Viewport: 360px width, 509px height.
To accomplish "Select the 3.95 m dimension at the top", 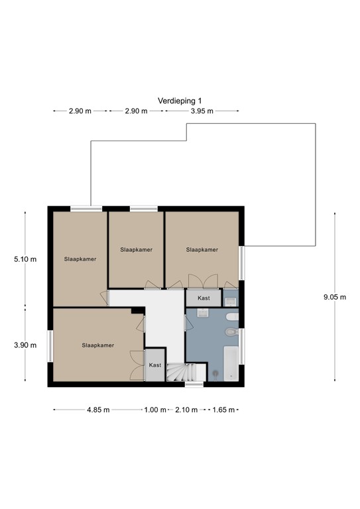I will click(202, 111).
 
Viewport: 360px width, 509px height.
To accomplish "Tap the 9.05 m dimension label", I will click(334, 297).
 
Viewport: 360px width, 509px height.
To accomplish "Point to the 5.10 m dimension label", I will click(25, 259).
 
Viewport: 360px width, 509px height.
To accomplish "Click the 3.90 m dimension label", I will click(25, 345).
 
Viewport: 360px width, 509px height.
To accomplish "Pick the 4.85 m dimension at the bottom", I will click(98, 410).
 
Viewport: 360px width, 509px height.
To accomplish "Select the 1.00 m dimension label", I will click(154, 410).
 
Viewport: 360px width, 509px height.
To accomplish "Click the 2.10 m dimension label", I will click(186, 410).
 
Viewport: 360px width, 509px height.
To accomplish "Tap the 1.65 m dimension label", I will click(223, 410).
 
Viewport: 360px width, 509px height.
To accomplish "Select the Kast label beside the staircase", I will click(154, 365).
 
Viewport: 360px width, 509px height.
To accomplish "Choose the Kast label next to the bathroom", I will click(204, 298).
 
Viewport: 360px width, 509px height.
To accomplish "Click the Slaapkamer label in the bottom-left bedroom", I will click(98, 345).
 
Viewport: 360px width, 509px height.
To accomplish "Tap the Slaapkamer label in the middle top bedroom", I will click(137, 250).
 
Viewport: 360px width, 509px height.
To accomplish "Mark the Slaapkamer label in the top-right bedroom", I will click(202, 250).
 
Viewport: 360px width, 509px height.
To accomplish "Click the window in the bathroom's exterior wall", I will click(242, 346).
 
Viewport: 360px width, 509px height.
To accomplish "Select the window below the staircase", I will click(194, 384).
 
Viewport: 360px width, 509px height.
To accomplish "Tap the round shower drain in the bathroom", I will click(215, 374).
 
